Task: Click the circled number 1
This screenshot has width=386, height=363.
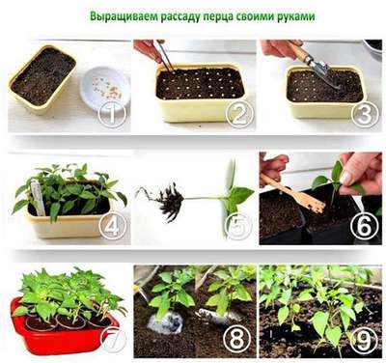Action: (112, 113)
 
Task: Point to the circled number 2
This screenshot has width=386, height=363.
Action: (239, 113)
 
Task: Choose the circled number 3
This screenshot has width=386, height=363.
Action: (365, 113)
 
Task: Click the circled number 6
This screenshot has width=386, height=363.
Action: (365, 226)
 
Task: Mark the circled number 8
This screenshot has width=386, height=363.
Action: (239, 339)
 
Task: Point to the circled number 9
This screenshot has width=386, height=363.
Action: (364, 340)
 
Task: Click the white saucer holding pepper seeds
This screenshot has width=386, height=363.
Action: (105, 86)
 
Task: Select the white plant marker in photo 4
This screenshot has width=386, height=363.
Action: (38, 198)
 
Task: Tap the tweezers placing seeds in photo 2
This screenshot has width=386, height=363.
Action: (164, 56)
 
